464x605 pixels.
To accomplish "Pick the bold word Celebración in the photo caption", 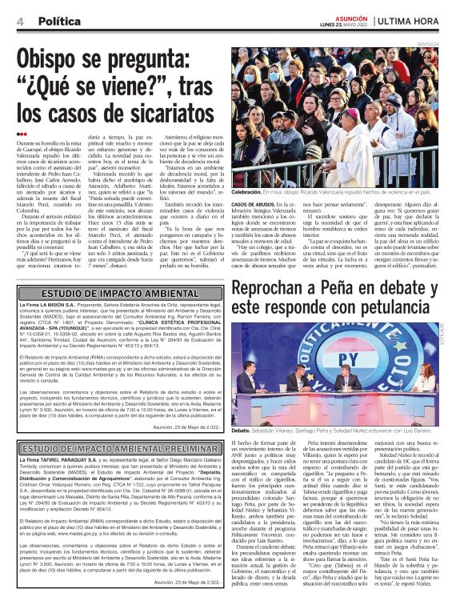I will coord(250,193).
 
